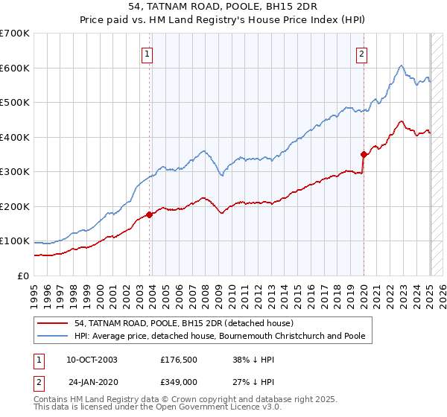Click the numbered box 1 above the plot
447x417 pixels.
[x=147, y=54]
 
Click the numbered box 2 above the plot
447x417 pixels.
[x=361, y=54]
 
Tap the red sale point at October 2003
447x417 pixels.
[x=150, y=214]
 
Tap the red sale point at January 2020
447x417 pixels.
[x=364, y=155]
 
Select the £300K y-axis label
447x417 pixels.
[x=16, y=172]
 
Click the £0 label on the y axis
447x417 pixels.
[x=23, y=276]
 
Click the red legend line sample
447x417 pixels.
[x=54, y=323]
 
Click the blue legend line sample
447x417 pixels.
[x=54, y=336]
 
